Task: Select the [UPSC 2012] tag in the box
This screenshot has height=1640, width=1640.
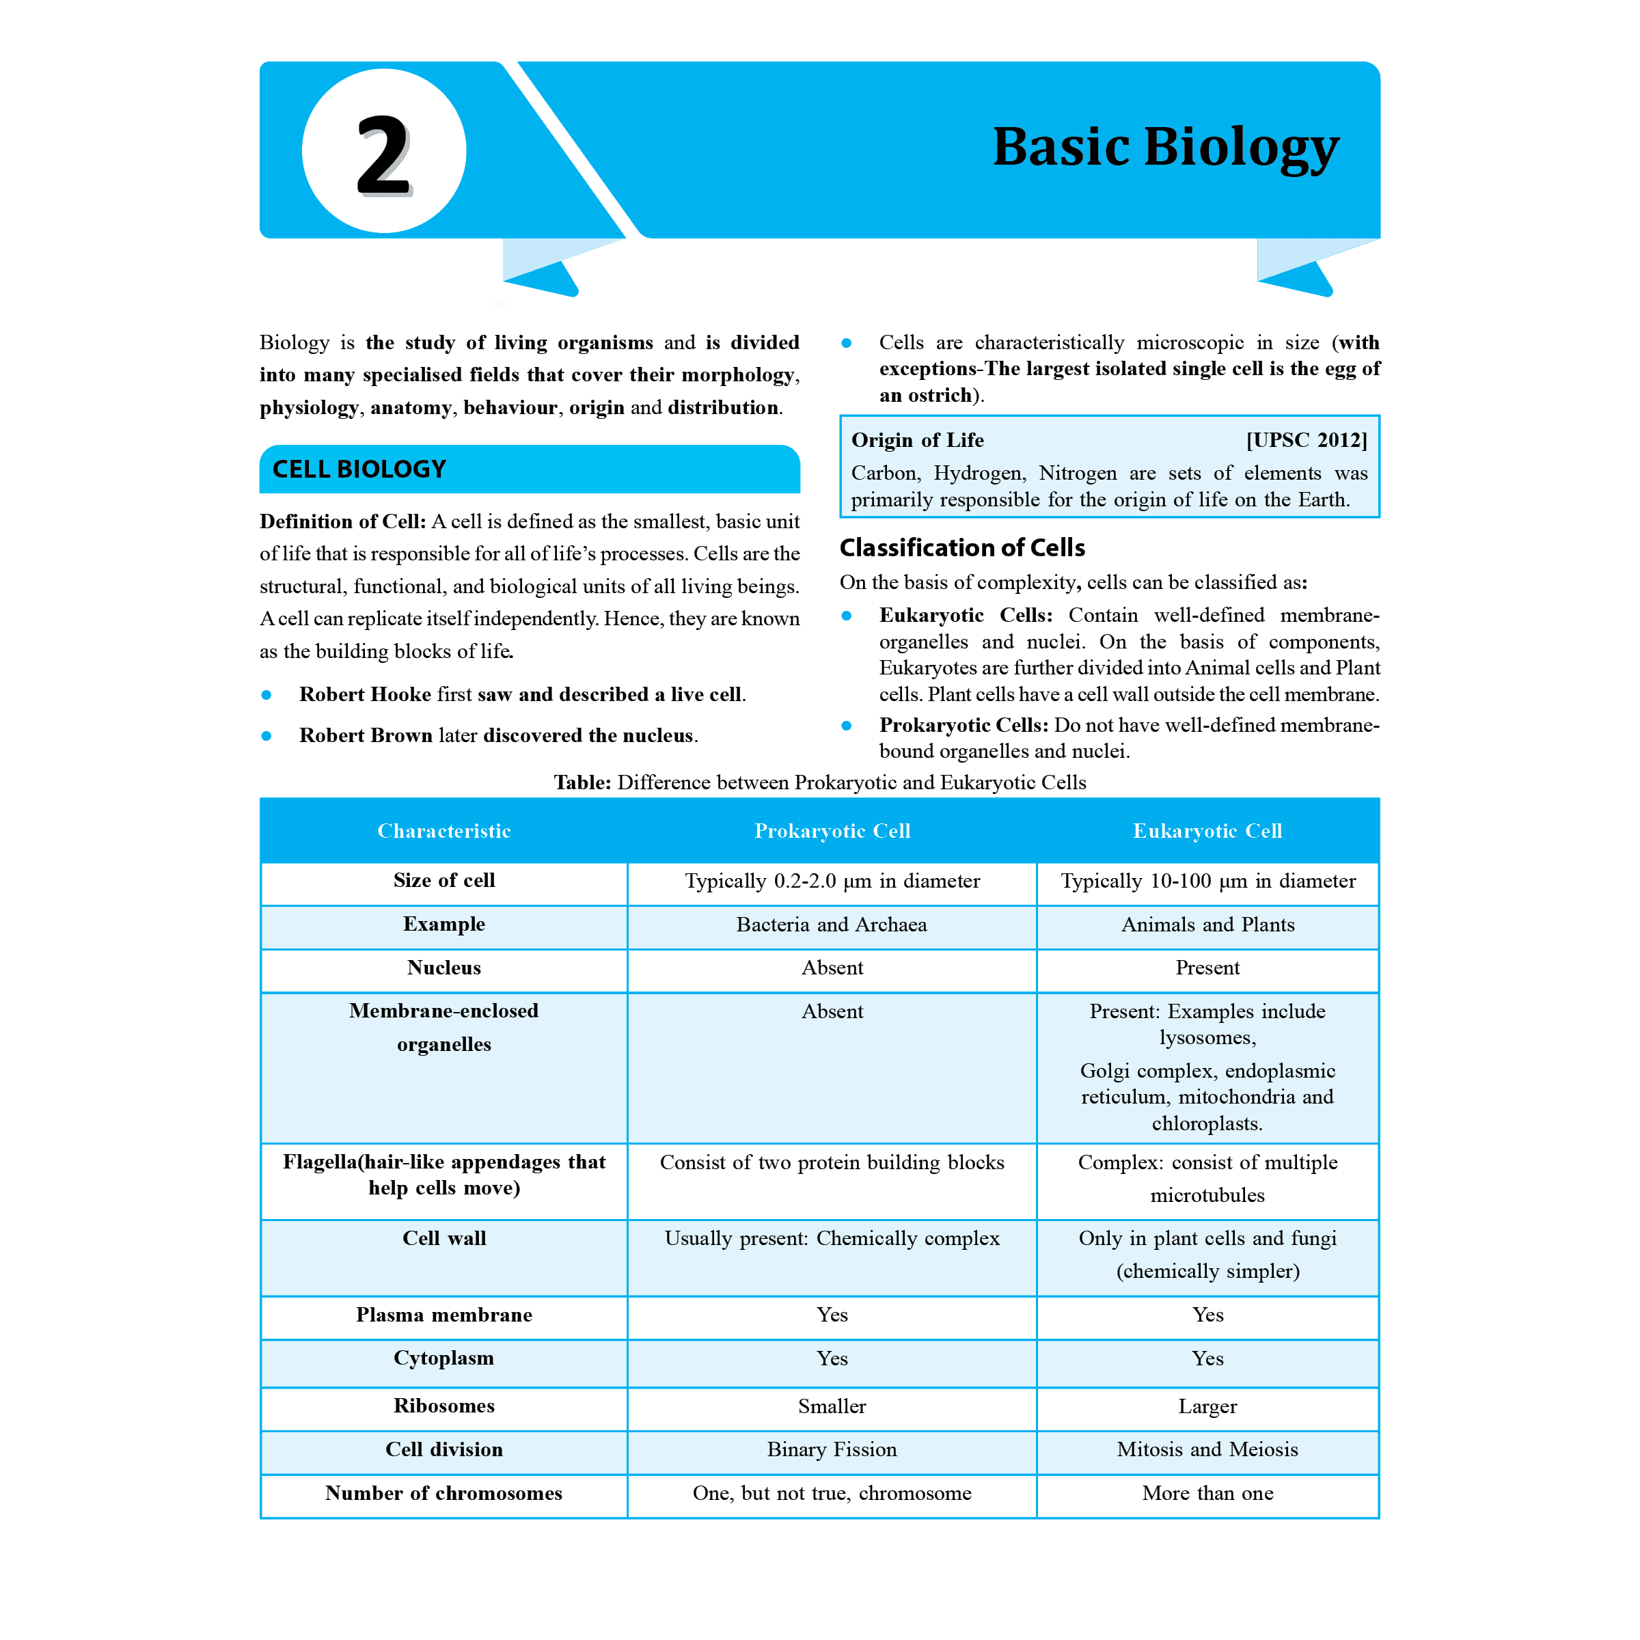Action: (x=1306, y=439)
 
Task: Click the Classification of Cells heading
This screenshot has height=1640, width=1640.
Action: (x=961, y=547)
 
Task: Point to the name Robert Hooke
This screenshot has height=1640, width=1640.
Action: (x=365, y=694)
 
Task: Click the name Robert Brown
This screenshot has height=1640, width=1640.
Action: (x=365, y=735)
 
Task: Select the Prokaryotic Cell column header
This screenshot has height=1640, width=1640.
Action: (x=832, y=830)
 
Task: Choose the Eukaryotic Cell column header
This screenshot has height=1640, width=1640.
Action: (x=1207, y=830)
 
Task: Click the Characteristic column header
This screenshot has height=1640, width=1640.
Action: (x=444, y=830)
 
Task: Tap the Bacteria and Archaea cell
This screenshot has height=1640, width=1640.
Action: (x=831, y=925)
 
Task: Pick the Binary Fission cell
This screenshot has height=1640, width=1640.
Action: (x=831, y=1449)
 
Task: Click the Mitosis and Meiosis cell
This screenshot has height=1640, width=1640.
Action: (x=1207, y=1449)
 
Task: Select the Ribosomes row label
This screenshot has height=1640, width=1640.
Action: (x=444, y=1406)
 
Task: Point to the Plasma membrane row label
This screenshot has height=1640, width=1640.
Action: (x=444, y=1315)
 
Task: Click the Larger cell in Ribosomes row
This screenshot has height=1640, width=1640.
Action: (x=1207, y=1406)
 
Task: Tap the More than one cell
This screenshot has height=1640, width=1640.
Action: (x=1207, y=1493)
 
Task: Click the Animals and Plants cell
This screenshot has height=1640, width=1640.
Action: (x=1207, y=925)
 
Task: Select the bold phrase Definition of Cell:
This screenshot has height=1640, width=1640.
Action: (x=342, y=521)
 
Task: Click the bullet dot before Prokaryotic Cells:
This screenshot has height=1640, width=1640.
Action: (x=847, y=725)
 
